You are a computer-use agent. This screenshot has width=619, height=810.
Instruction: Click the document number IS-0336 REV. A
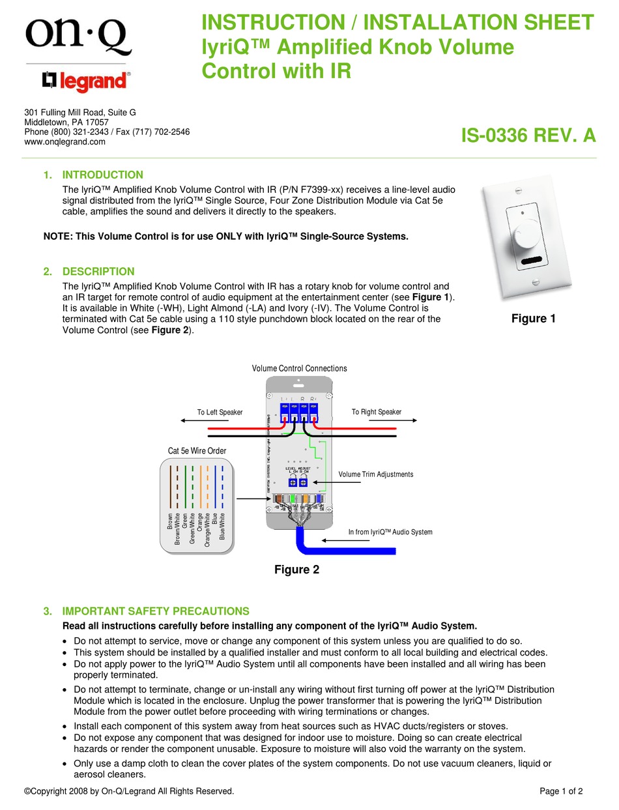coord(528,135)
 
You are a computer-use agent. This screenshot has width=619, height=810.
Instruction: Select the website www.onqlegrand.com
coord(65,141)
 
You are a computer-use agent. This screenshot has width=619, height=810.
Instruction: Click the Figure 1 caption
coord(533,319)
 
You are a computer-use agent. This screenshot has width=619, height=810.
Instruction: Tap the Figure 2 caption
coord(296,570)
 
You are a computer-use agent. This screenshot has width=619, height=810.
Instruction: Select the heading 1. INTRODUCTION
coord(93,175)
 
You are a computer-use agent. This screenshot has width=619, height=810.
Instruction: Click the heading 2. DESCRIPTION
coord(89,272)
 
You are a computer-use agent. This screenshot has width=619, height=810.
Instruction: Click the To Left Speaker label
coord(220,412)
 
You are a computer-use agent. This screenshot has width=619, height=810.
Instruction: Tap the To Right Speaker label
coord(377,412)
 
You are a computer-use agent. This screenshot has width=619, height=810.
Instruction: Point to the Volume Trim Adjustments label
coord(376,474)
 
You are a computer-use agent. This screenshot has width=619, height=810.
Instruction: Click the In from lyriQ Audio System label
coord(390,532)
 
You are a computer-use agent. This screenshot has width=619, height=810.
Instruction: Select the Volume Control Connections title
coord(299,368)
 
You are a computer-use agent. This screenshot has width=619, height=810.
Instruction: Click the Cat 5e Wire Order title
coord(197,451)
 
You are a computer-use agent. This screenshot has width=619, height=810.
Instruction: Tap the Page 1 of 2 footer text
coord(561,791)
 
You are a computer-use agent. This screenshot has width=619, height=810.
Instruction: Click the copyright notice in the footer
coord(128,791)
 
